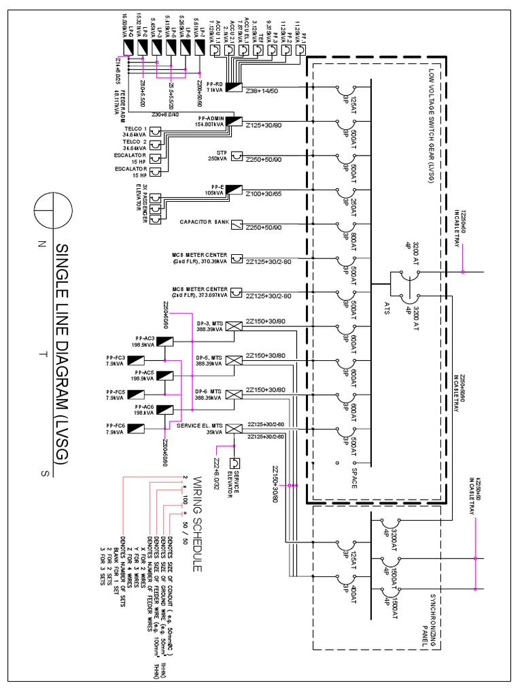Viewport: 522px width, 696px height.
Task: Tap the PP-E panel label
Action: [213, 190]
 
